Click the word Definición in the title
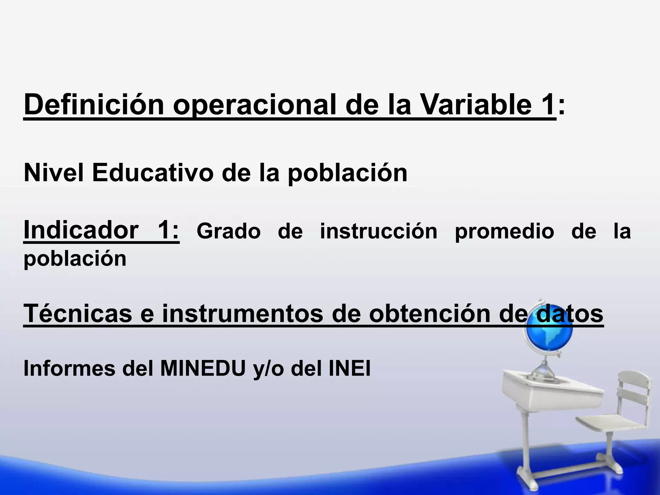tap(94, 105)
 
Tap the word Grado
tap(228, 231)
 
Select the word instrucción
tap(378, 231)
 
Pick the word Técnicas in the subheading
tap(77, 313)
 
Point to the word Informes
tap(69, 368)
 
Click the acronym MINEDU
tap(203, 368)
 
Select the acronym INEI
tap(349, 368)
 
